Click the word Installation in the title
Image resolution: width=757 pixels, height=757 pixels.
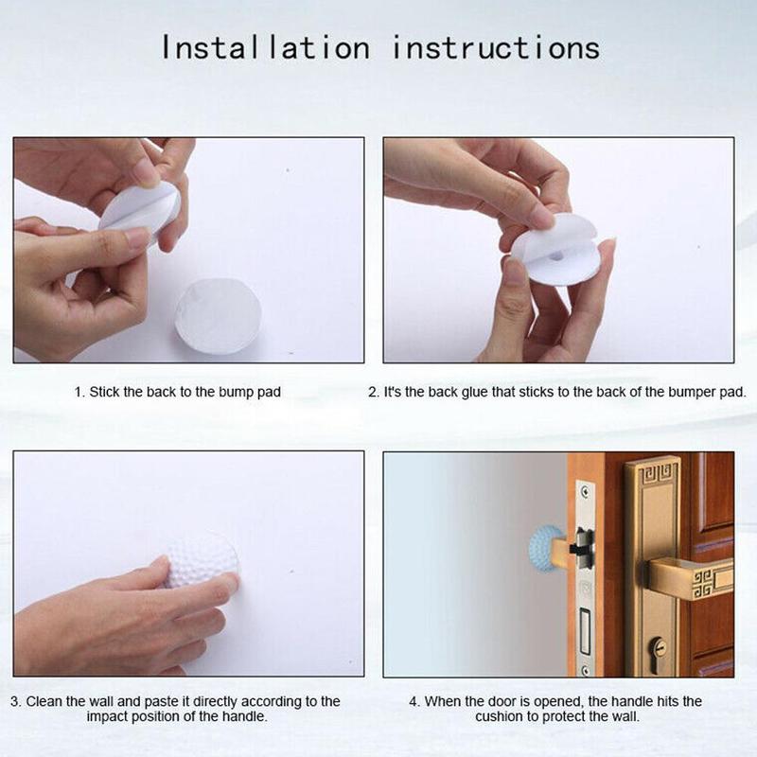coord(265,47)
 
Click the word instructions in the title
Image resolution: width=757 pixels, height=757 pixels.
coord(496,47)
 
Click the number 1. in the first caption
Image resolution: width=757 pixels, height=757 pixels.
coord(79,392)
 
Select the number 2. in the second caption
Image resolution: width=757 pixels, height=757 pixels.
coord(373,392)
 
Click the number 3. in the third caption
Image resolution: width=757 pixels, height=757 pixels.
coord(16,701)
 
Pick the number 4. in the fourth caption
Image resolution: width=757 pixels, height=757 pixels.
coord(414,701)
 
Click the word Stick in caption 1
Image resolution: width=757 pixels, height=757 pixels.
coord(105,392)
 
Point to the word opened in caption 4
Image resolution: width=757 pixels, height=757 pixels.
coord(562,701)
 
